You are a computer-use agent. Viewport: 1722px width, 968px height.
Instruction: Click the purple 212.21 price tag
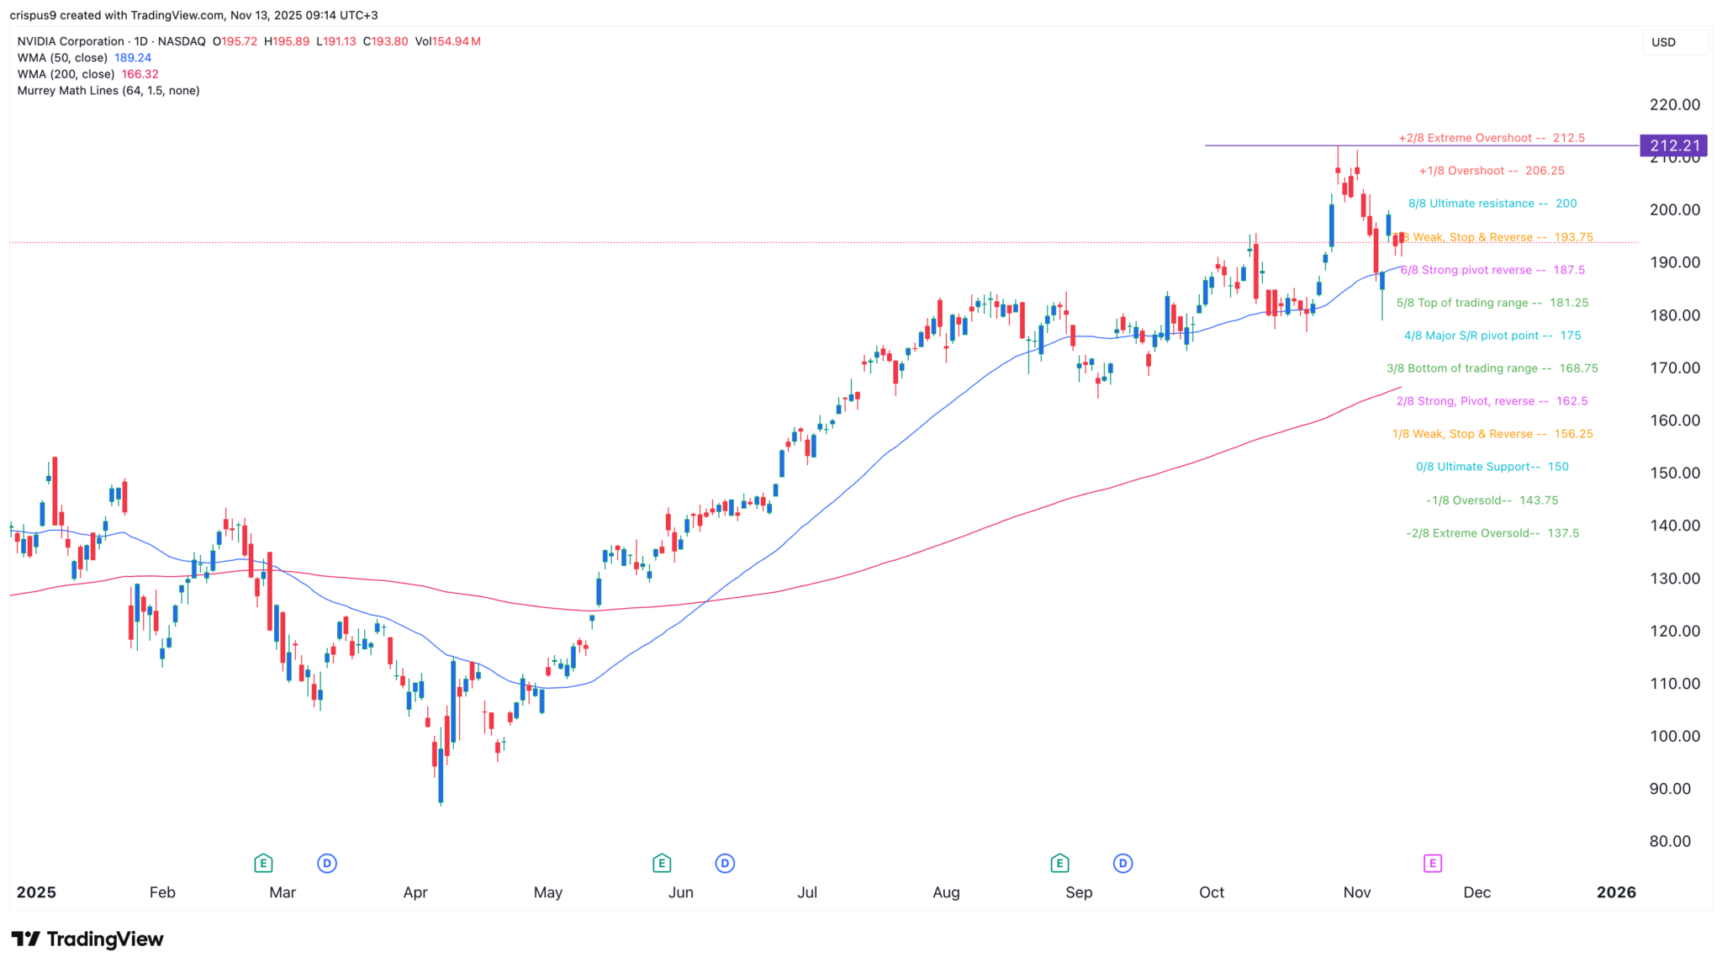[1673, 145]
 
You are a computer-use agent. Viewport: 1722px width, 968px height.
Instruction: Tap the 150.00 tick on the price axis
[1674, 473]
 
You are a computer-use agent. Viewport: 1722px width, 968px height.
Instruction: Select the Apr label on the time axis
[415, 892]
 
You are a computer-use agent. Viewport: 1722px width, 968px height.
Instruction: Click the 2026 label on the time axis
[1616, 892]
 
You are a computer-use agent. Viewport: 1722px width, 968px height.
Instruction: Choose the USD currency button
[1663, 42]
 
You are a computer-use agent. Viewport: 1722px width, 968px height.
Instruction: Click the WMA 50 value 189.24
[133, 58]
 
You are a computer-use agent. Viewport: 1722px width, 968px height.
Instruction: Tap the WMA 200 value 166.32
[140, 74]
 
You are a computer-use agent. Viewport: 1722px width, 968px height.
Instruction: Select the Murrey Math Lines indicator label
[108, 91]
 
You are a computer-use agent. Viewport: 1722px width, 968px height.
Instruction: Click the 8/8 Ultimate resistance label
[1492, 204]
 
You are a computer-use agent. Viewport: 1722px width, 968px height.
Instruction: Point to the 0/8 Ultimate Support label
[1492, 467]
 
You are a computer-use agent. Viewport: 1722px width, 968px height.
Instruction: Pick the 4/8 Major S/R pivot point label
[1492, 336]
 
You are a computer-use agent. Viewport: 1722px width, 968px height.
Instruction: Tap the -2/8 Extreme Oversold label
[1492, 533]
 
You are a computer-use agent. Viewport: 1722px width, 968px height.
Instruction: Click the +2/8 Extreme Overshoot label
[1491, 138]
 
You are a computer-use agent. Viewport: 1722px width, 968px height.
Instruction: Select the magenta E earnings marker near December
[1432, 863]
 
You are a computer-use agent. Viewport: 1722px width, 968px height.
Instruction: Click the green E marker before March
[263, 863]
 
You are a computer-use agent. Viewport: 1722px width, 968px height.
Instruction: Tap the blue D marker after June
[725, 863]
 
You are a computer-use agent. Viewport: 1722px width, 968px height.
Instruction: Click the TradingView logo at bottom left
[87, 939]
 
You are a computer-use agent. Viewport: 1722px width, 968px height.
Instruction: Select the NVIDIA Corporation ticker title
[71, 41]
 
